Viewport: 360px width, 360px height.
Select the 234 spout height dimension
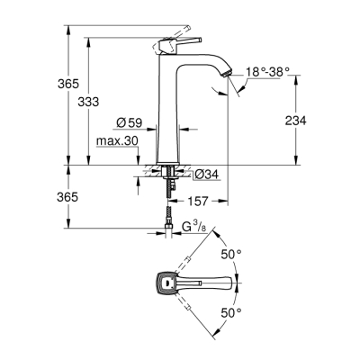[x=307, y=120]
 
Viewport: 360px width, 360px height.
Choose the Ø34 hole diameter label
[x=206, y=174]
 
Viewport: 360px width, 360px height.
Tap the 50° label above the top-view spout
[x=232, y=255]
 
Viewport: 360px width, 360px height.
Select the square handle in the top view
[x=166, y=283]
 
